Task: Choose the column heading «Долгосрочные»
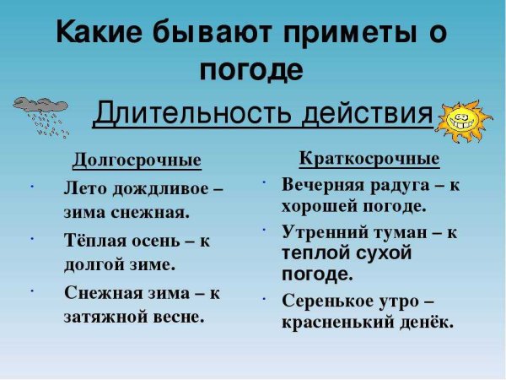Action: (137, 160)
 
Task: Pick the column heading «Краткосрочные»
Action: (369, 159)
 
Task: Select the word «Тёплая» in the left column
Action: (94, 241)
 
